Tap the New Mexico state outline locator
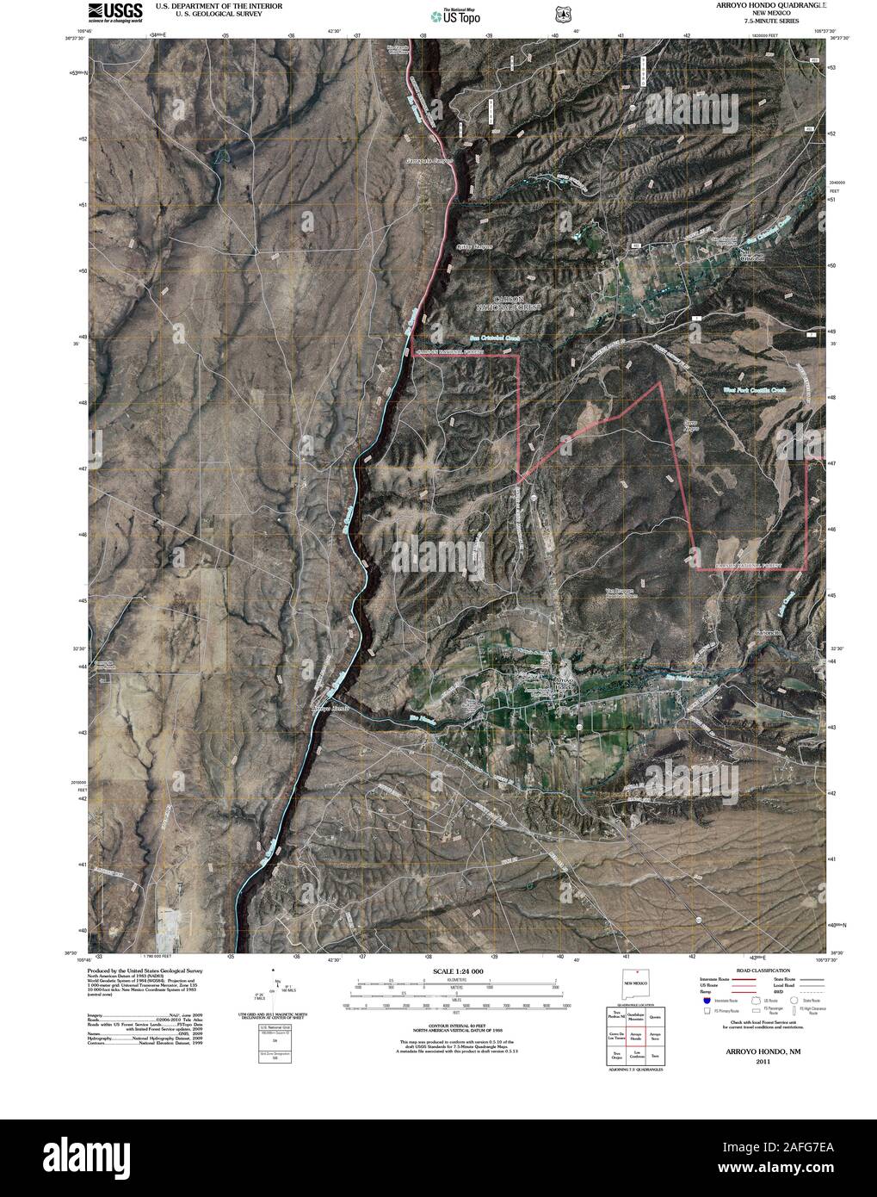tap(635, 983)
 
